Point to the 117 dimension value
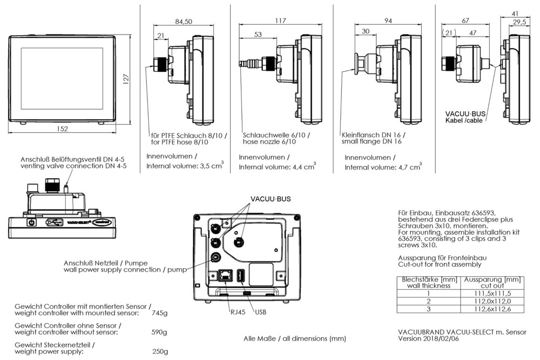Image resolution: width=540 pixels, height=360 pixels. tap(281, 22)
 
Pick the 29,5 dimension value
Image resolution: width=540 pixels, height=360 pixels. tap(520, 22)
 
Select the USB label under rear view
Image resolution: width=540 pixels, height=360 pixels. tap(260, 312)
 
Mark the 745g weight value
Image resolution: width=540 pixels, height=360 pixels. tap(159, 313)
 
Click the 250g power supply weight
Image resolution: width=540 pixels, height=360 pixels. tap(159, 351)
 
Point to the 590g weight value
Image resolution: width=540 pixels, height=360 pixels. tap(159, 332)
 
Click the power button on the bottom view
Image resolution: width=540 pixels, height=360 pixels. tap(31, 222)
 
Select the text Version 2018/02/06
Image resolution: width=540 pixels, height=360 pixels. tap(429, 339)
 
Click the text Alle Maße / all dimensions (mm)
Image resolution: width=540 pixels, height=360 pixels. tap(295, 338)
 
